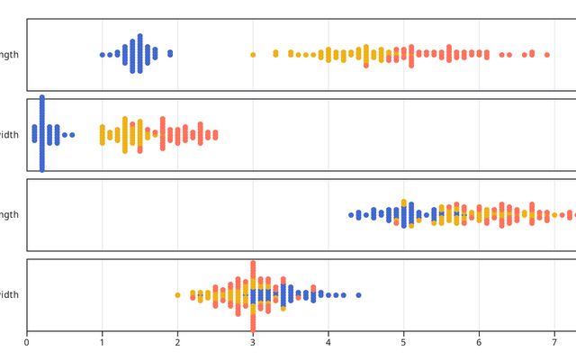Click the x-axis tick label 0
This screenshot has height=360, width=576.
[x=27, y=342]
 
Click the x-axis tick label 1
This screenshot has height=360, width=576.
[x=102, y=342]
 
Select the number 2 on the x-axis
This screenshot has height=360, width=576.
[x=177, y=342]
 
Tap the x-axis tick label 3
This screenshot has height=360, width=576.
[x=253, y=342]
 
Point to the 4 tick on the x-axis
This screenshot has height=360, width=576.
[x=328, y=342]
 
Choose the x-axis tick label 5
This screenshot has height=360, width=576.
[x=403, y=342]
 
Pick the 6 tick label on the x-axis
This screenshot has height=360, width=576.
[x=479, y=342]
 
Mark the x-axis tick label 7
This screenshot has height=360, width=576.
[x=554, y=342]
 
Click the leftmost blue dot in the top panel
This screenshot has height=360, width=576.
[x=102, y=55]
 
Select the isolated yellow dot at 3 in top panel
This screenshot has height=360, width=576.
[x=253, y=55]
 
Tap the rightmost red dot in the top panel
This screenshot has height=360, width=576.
[x=546, y=55]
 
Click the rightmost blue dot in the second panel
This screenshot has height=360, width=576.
[x=72, y=135]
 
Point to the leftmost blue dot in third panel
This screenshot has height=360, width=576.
[x=351, y=215]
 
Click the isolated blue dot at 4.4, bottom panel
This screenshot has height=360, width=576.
[x=358, y=295]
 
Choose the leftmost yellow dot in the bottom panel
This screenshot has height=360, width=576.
[x=177, y=295]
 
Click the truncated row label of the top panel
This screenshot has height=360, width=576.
[x=9, y=55]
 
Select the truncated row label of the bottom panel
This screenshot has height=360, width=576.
[x=9, y=295]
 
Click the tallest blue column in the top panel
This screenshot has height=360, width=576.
[x=139, y=54]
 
